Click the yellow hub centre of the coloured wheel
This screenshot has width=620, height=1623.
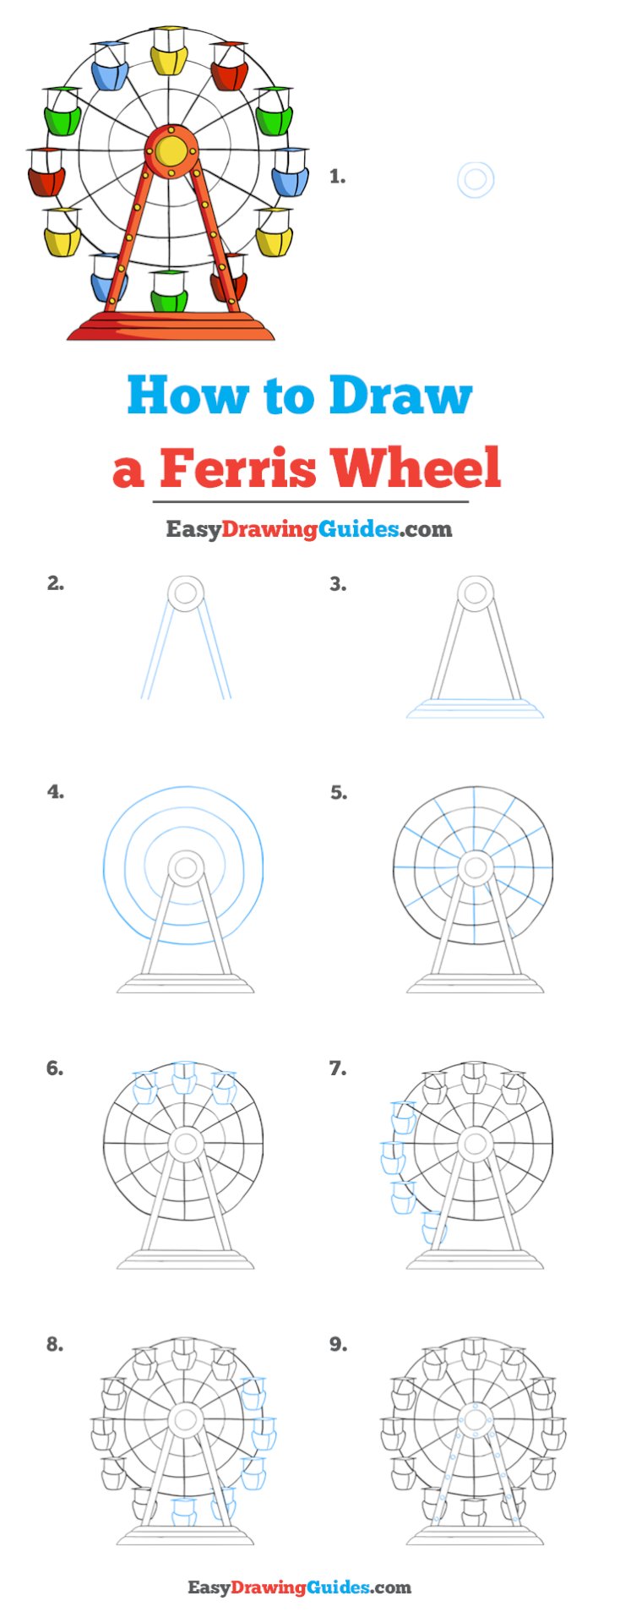tap(171, 151)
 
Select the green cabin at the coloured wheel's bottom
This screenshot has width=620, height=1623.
tap(169, 292)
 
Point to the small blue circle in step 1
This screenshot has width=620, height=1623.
tap(476, 180)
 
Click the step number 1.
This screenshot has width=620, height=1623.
tap(337, 177)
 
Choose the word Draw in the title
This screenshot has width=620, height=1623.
tap(400, 396)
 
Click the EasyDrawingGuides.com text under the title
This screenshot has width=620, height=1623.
tap(309, 529)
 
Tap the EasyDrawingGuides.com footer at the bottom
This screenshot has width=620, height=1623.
tap(299, 1587)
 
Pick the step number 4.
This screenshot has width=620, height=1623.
tap(56, 792)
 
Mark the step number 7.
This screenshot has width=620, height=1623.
tap(338, 1068)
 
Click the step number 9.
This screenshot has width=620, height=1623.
tap(338, 1344)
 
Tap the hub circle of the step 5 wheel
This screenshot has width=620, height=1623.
tap(476, 867)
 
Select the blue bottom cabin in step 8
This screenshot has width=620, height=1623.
tap(184, 1511)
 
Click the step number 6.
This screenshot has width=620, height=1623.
tap(55, 1068)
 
